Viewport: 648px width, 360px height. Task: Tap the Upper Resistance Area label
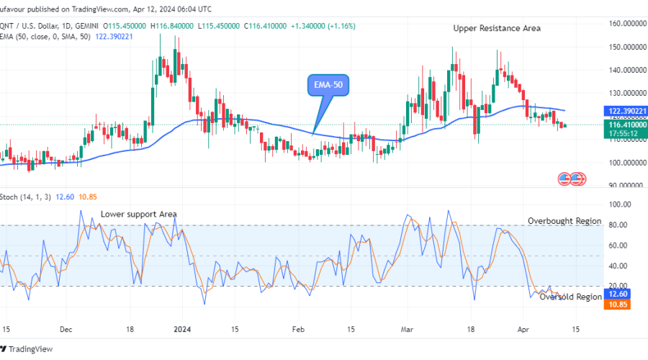coord(497,28)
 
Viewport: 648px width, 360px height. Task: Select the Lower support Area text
coord(138,214)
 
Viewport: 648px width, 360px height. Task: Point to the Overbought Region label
coord(564,221)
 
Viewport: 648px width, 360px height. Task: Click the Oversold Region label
coord(570,297)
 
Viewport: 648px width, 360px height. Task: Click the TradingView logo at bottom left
coord(29,349)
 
